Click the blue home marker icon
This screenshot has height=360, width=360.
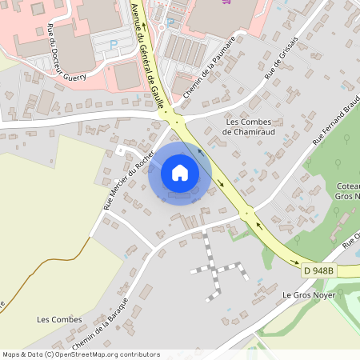(x=180, y=172)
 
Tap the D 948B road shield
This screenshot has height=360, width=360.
(x=319, y=271)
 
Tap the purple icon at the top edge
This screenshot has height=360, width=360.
(x=232, y=2)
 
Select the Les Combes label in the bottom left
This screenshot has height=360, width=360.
(x=59, y=319)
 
